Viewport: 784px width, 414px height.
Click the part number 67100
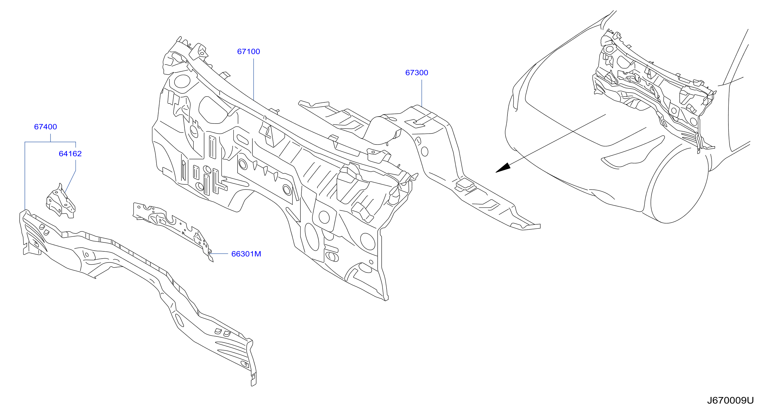click(x=248, y=51)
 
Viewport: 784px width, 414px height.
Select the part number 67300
click(x=417, y=73)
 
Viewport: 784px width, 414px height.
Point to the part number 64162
click(x=70, y=154)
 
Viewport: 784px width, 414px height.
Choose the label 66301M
click(x=246, y=254)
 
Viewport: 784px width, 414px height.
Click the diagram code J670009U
click(x=730, y=400)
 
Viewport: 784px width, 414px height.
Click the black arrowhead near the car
click(x=504, y=168)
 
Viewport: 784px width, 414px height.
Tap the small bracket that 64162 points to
click(x=60, y=201)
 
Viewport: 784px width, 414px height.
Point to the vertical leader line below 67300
click(x=421, y=93)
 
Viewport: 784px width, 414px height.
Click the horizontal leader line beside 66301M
click(x=219, y=253)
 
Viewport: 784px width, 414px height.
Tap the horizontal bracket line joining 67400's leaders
click(x=50, y=142)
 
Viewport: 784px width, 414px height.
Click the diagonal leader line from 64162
click(x=70, y=181)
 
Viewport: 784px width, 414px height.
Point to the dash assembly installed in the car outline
click(x=654, y=88)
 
